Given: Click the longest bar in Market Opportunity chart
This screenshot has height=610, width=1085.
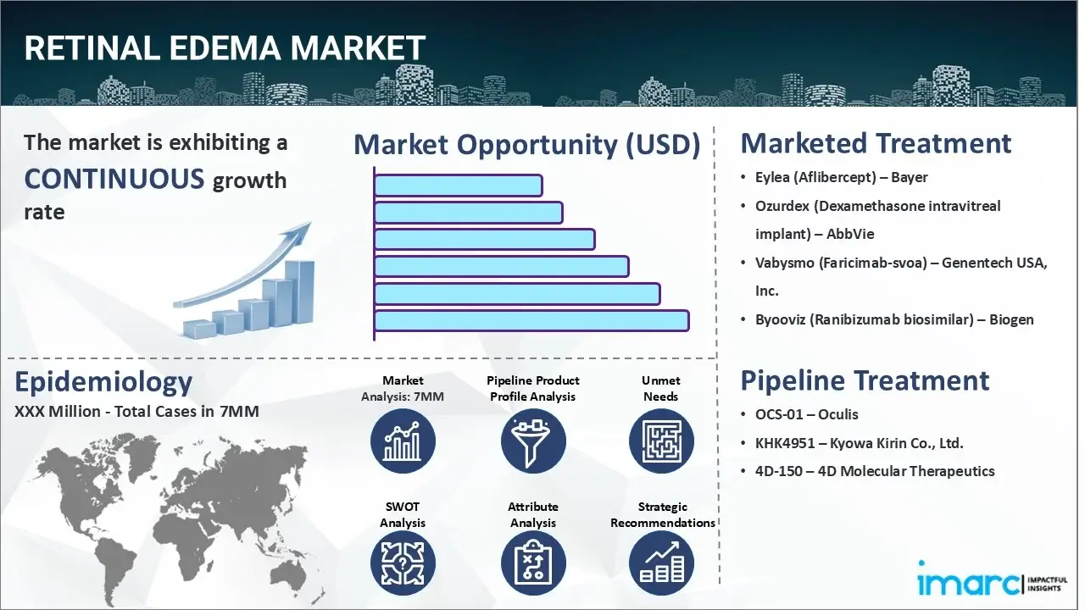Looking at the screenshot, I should coord(531,320).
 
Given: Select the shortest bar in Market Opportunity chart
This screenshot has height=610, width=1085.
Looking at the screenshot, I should coord(458,185).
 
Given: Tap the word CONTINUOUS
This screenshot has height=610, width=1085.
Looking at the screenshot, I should coord(114,179).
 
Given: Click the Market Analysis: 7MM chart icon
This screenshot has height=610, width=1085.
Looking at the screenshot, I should coord(403,441).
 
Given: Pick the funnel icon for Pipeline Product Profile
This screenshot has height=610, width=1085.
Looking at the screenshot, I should coord(533,441).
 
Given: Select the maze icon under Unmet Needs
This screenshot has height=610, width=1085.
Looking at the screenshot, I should coord(661,441).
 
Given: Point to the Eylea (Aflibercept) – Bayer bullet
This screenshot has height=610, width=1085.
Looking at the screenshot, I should coord(841,177).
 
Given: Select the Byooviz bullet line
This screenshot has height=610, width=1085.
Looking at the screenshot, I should coord(894,319).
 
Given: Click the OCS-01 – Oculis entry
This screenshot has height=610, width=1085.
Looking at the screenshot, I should coord(807,414).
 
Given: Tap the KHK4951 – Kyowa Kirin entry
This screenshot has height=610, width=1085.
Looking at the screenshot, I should coord(859,442).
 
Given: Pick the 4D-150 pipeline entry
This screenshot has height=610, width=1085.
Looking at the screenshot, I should coord(875,471).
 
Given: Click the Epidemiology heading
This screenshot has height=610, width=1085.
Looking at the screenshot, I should coord(103,382).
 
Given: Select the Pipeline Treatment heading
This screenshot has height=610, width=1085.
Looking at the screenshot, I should coord(865,380).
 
